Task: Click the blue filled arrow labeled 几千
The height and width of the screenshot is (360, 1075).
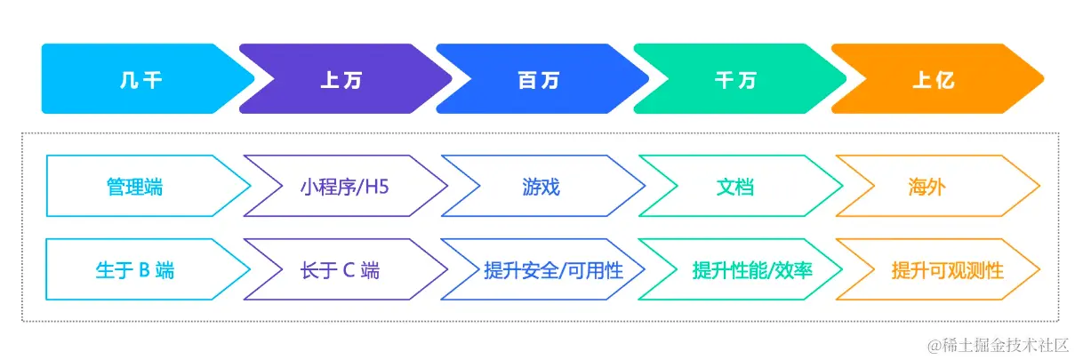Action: coord(140,79)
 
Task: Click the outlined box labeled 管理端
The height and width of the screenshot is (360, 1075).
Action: coord(135,187)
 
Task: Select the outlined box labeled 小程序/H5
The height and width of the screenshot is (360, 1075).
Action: coord(334,187)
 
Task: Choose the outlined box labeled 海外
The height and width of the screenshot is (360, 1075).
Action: coord(927,187)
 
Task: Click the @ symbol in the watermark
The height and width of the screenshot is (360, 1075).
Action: coord(935,343)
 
